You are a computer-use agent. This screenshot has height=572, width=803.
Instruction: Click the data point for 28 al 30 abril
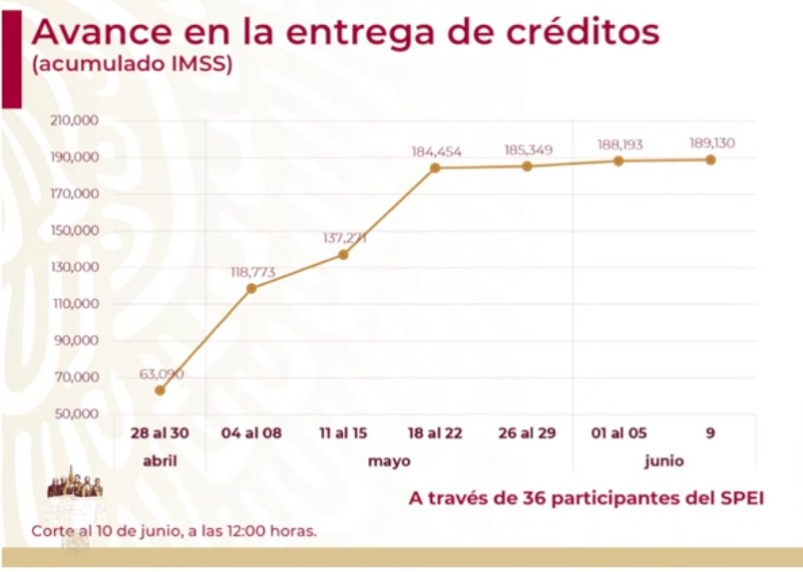pyautogui.click(x=160, y=390)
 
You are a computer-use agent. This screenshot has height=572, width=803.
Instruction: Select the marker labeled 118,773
pyautogui.click(x=251, y=288)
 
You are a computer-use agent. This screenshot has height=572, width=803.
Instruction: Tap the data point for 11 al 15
pyautogui.click(x=343, y=254)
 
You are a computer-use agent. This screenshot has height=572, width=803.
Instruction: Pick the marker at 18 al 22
pyautogui.click(x=435, y=167)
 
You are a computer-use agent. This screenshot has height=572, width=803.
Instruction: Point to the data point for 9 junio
pyautogui.click(x=711, y=159)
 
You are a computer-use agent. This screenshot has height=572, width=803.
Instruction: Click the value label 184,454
pyautogui.click(x=436, y=151)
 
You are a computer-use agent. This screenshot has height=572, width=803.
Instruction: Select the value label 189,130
pyautogui.click(x=711, y=143)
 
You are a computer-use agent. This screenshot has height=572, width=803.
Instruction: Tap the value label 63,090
pyautogui.click(x=161, y=374)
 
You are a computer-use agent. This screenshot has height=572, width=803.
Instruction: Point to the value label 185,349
pyautogui.click(x=528, y=150)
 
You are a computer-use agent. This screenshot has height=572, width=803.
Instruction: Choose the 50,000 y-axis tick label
pyautogui.click(x=76, y=414)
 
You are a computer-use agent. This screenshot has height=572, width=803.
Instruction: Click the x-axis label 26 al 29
pyautogui.click(x=528, y=434)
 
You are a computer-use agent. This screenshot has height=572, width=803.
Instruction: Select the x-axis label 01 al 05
pyautogui.click(x=619, y=434)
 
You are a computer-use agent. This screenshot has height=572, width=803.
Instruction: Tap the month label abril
pyautogui.click(x=160, y=462)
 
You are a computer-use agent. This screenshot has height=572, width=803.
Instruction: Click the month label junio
pyautogui.click(x=664, y=462)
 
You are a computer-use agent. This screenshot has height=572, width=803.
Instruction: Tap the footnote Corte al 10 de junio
pyautogui.click(x=174, y=531)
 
